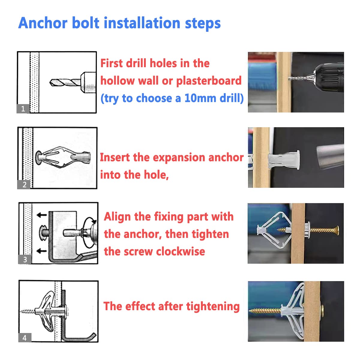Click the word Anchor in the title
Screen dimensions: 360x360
(x=43, y=23)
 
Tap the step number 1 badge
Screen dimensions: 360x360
(x=23, y=109)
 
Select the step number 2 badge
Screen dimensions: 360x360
(x=24, y=184)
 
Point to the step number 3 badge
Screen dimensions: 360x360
(x=25, y=259)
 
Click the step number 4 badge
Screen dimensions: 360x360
(x=25, y=337)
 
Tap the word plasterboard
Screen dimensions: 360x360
(x=209, y=81)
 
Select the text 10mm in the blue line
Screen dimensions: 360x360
(x=200, y=98)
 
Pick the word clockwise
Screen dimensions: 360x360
(x=181, y=251)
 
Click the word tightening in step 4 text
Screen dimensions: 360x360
(x=213, y=307)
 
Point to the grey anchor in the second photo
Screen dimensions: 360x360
(x=284, y=160)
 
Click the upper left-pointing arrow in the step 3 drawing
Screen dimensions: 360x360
(x=42, y=215)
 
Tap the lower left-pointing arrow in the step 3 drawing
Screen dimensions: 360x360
(x=42, y=251)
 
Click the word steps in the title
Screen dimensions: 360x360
(x=203, y=24)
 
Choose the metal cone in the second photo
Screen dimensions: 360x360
(x=330, y=156)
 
